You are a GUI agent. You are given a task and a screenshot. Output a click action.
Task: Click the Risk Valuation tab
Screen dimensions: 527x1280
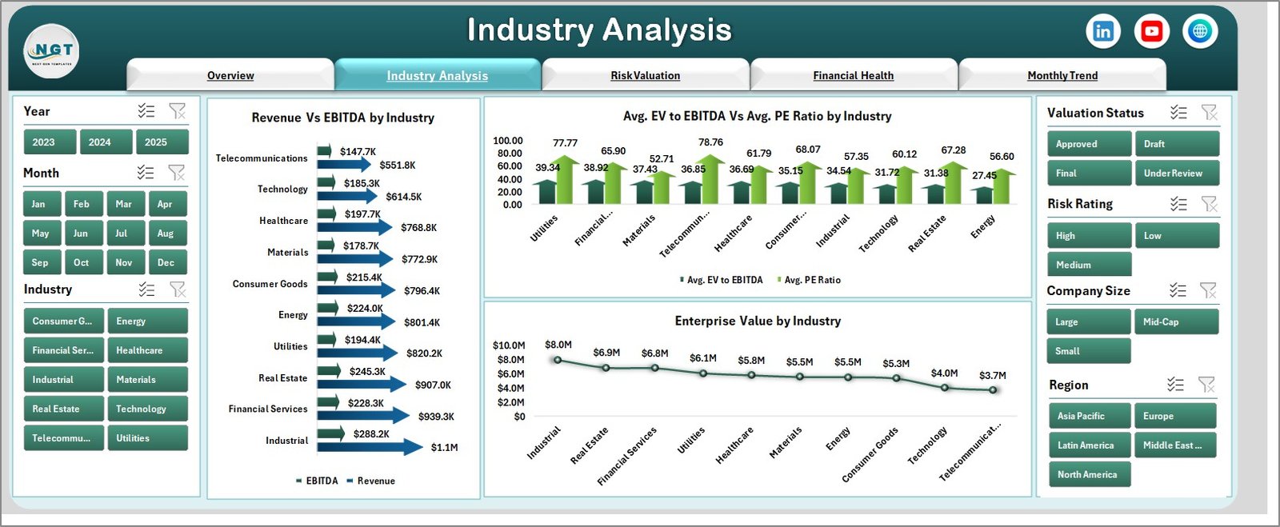645,75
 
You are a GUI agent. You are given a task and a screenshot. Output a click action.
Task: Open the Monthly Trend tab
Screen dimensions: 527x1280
1062,75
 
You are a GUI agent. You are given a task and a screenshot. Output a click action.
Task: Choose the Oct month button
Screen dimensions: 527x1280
82,262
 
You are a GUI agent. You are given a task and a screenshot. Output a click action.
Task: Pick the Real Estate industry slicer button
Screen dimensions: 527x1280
63,409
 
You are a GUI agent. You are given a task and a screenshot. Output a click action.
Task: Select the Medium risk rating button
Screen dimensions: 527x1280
1088,265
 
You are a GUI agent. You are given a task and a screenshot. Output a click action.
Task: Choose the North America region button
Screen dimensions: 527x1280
1088,474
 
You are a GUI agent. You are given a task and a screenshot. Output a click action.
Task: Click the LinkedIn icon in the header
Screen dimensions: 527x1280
1103,31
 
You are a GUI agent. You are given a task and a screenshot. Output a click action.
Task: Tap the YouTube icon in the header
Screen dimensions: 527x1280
1151,31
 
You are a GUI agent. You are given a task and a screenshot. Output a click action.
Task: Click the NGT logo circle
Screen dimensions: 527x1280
52,50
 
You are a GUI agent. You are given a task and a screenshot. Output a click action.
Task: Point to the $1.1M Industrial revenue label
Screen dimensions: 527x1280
444,448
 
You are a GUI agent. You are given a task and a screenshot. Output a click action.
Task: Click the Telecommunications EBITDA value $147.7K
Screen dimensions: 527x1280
358,152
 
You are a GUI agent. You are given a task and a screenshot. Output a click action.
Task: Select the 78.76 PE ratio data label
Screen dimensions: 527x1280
710,142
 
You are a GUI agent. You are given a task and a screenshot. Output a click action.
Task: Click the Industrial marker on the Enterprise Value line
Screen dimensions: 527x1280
558,360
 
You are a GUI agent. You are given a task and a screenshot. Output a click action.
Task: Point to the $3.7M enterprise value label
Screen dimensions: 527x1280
992,375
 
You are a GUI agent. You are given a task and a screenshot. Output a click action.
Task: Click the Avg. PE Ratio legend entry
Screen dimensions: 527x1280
811,280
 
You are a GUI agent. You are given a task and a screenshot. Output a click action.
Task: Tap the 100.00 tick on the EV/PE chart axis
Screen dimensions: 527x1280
507,141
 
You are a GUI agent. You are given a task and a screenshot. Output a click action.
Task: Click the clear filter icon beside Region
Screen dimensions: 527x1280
1206,385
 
